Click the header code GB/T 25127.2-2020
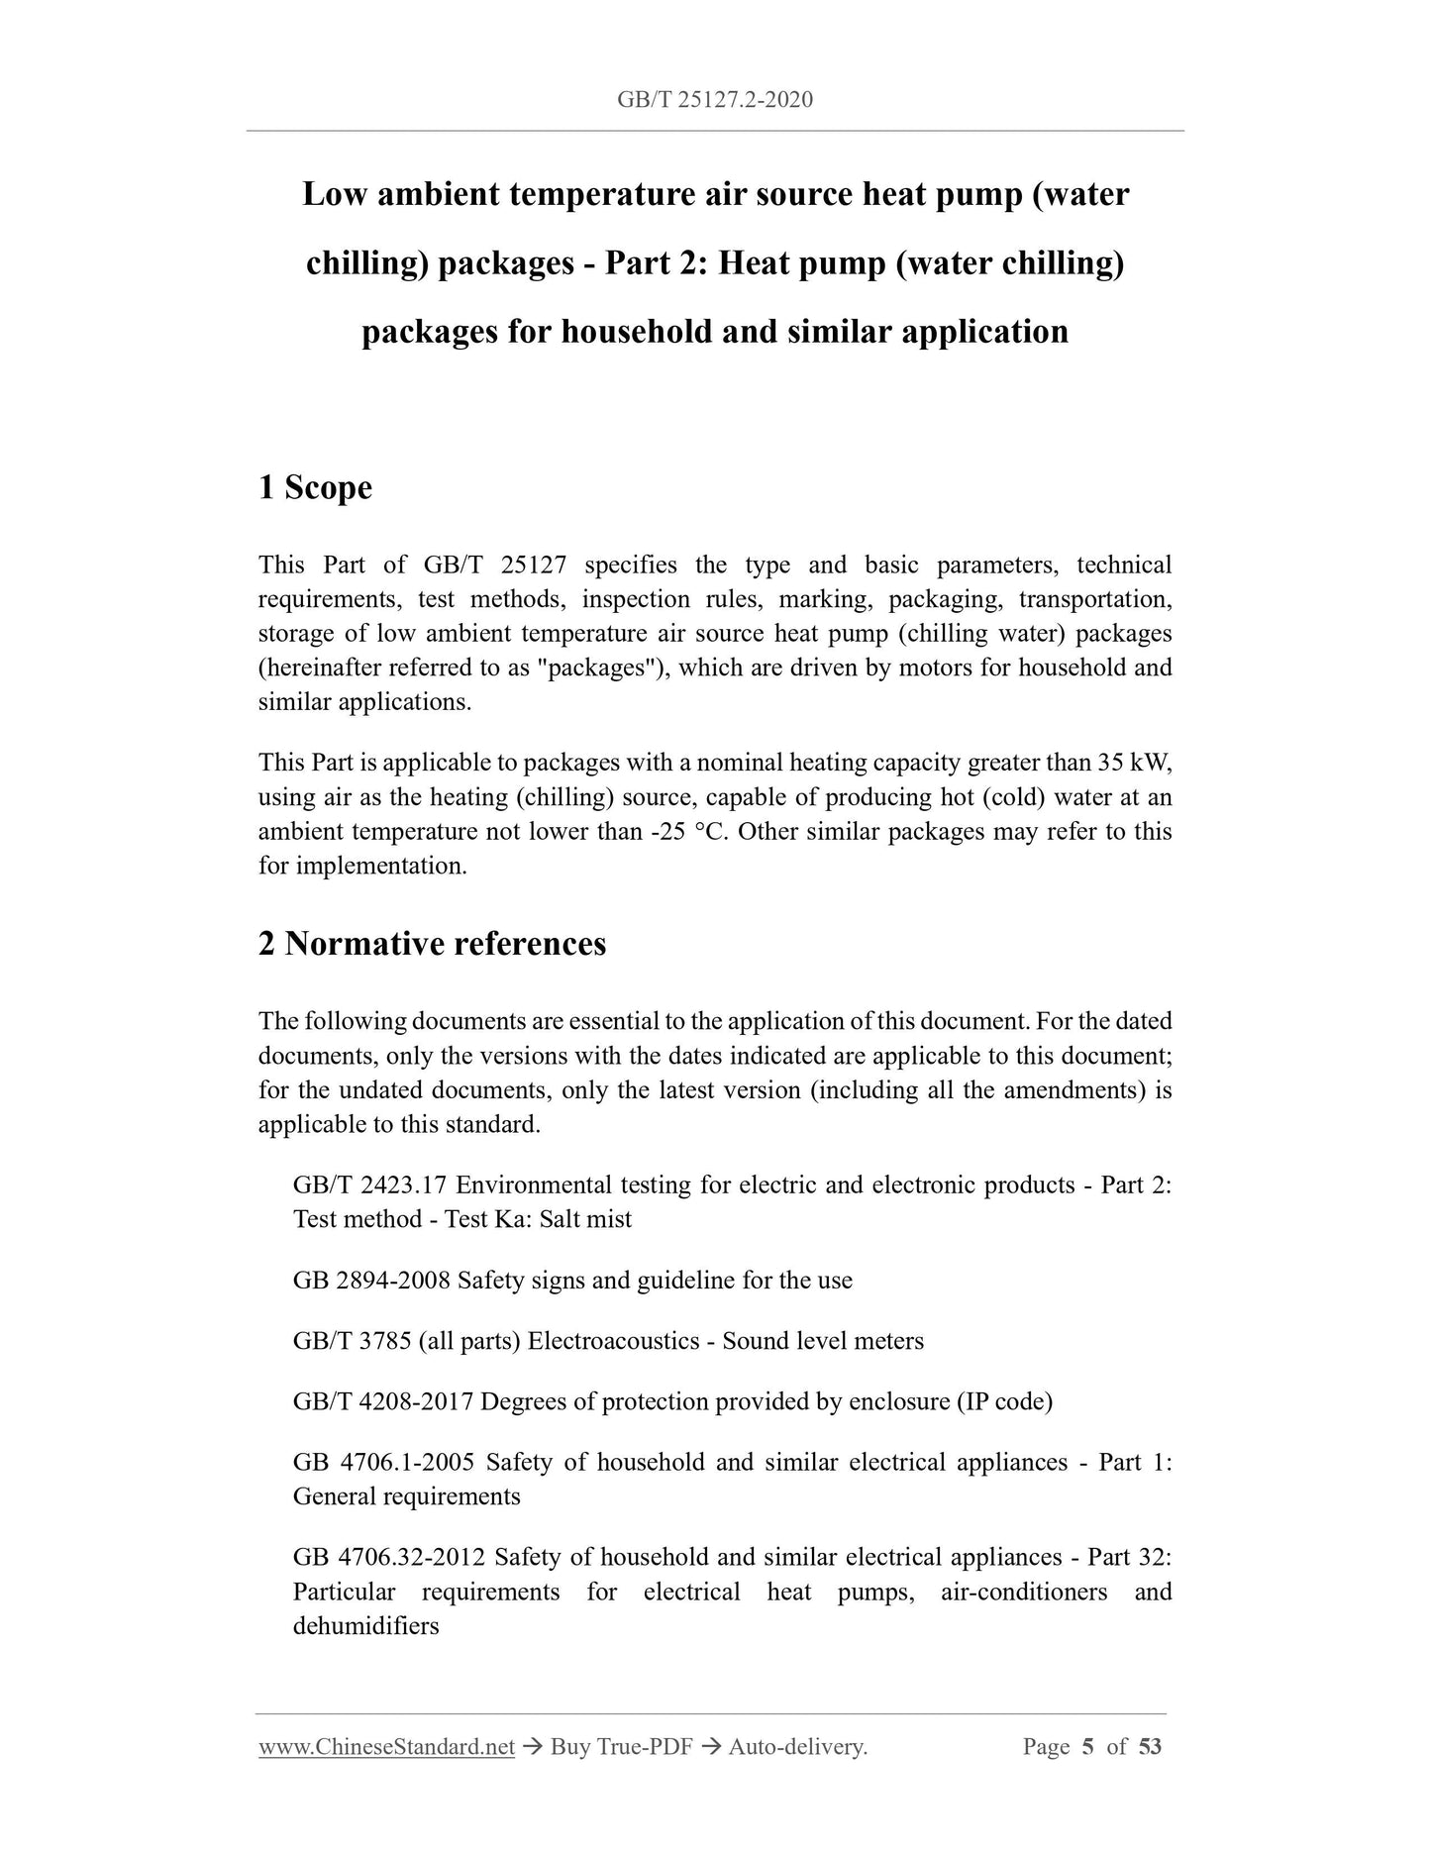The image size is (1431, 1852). pyautogui.click(x=714, y=99)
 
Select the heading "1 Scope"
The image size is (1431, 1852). pyautogui.click(x=315, y=487)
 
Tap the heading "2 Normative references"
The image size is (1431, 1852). pyautogui.click(x=432, y=944)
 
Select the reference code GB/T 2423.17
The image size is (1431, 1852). pyautogui.click(x=370, y=1185)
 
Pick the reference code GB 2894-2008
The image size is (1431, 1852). pyautogui.click(x=371, y=1281)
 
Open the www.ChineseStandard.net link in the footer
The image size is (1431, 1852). pyautogui.click(x=386, y=1747)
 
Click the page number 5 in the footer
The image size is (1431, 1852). pyautogui.click(x=1087, y=1747)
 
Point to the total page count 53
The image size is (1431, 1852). pyautogui.click(x=1150, y=1747)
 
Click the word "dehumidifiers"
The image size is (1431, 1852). pyautogui.click(x=365, y=1626)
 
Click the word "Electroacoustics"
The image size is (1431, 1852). pyautogui.click(x=610, y=1341)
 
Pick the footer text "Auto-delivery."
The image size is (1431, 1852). pyautogui.click(x=797, y=1747)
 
